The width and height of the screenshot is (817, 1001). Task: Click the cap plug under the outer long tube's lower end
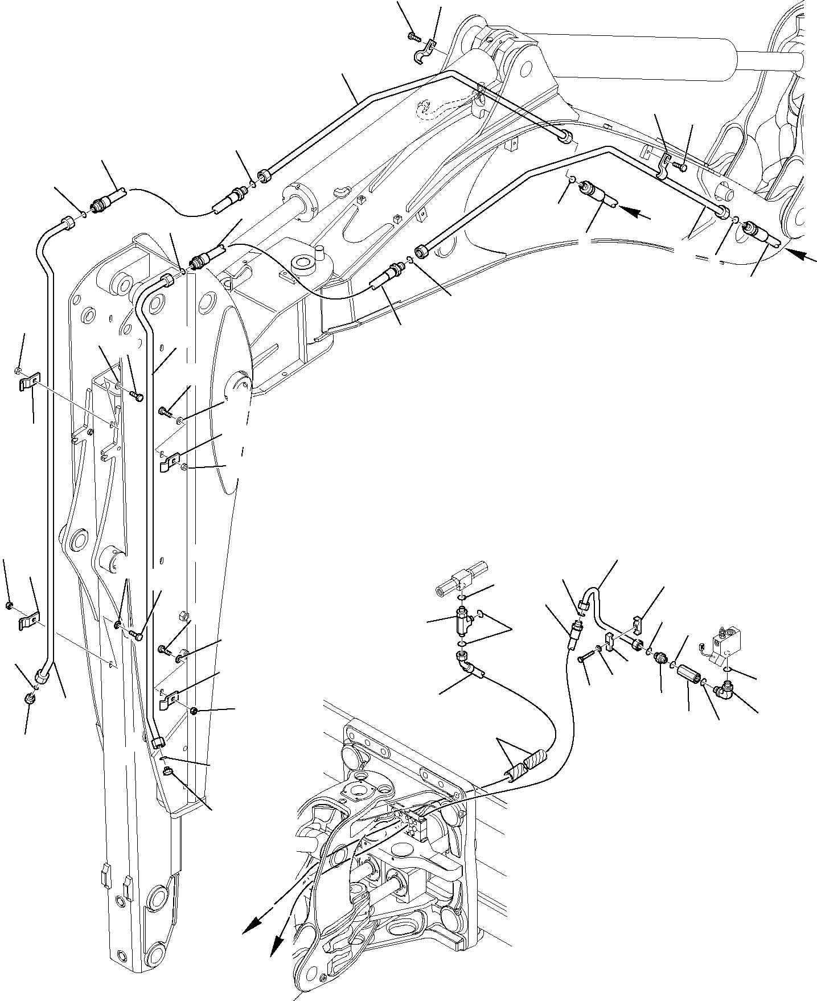30,699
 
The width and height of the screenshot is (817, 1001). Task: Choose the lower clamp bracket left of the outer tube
29,620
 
